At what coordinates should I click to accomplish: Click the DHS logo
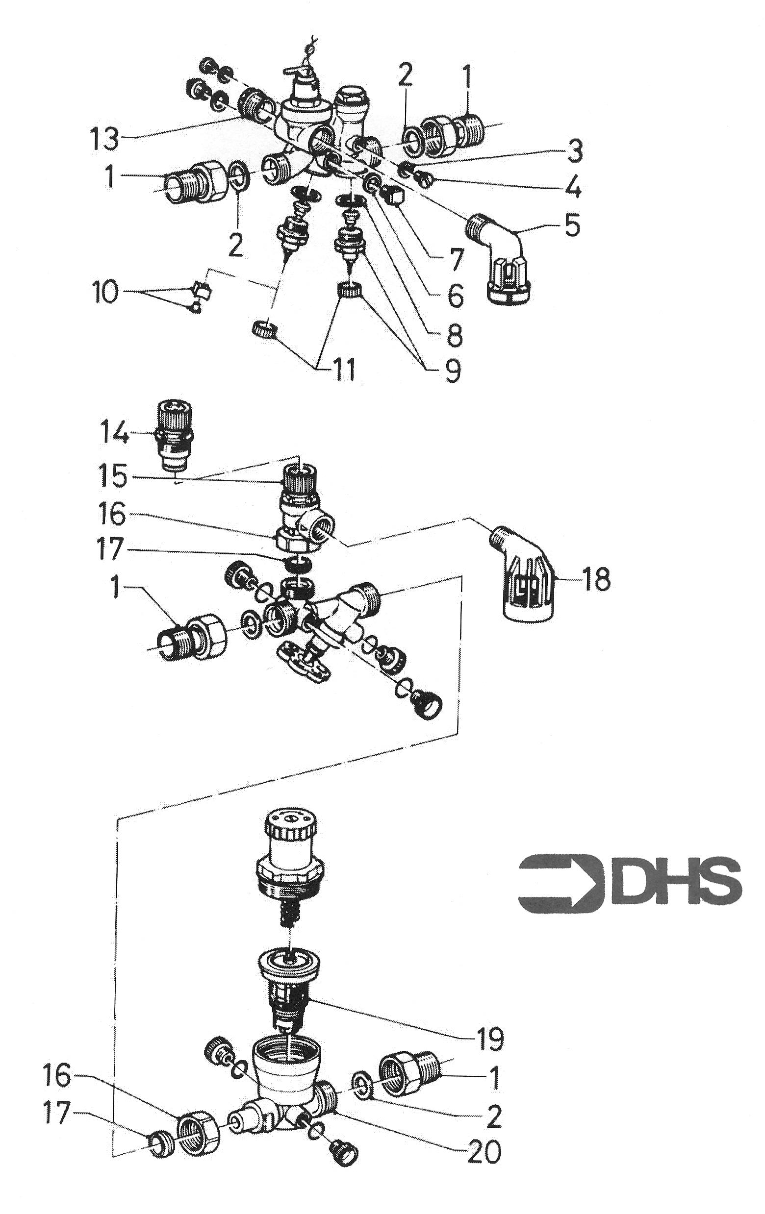tap(630, 882)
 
